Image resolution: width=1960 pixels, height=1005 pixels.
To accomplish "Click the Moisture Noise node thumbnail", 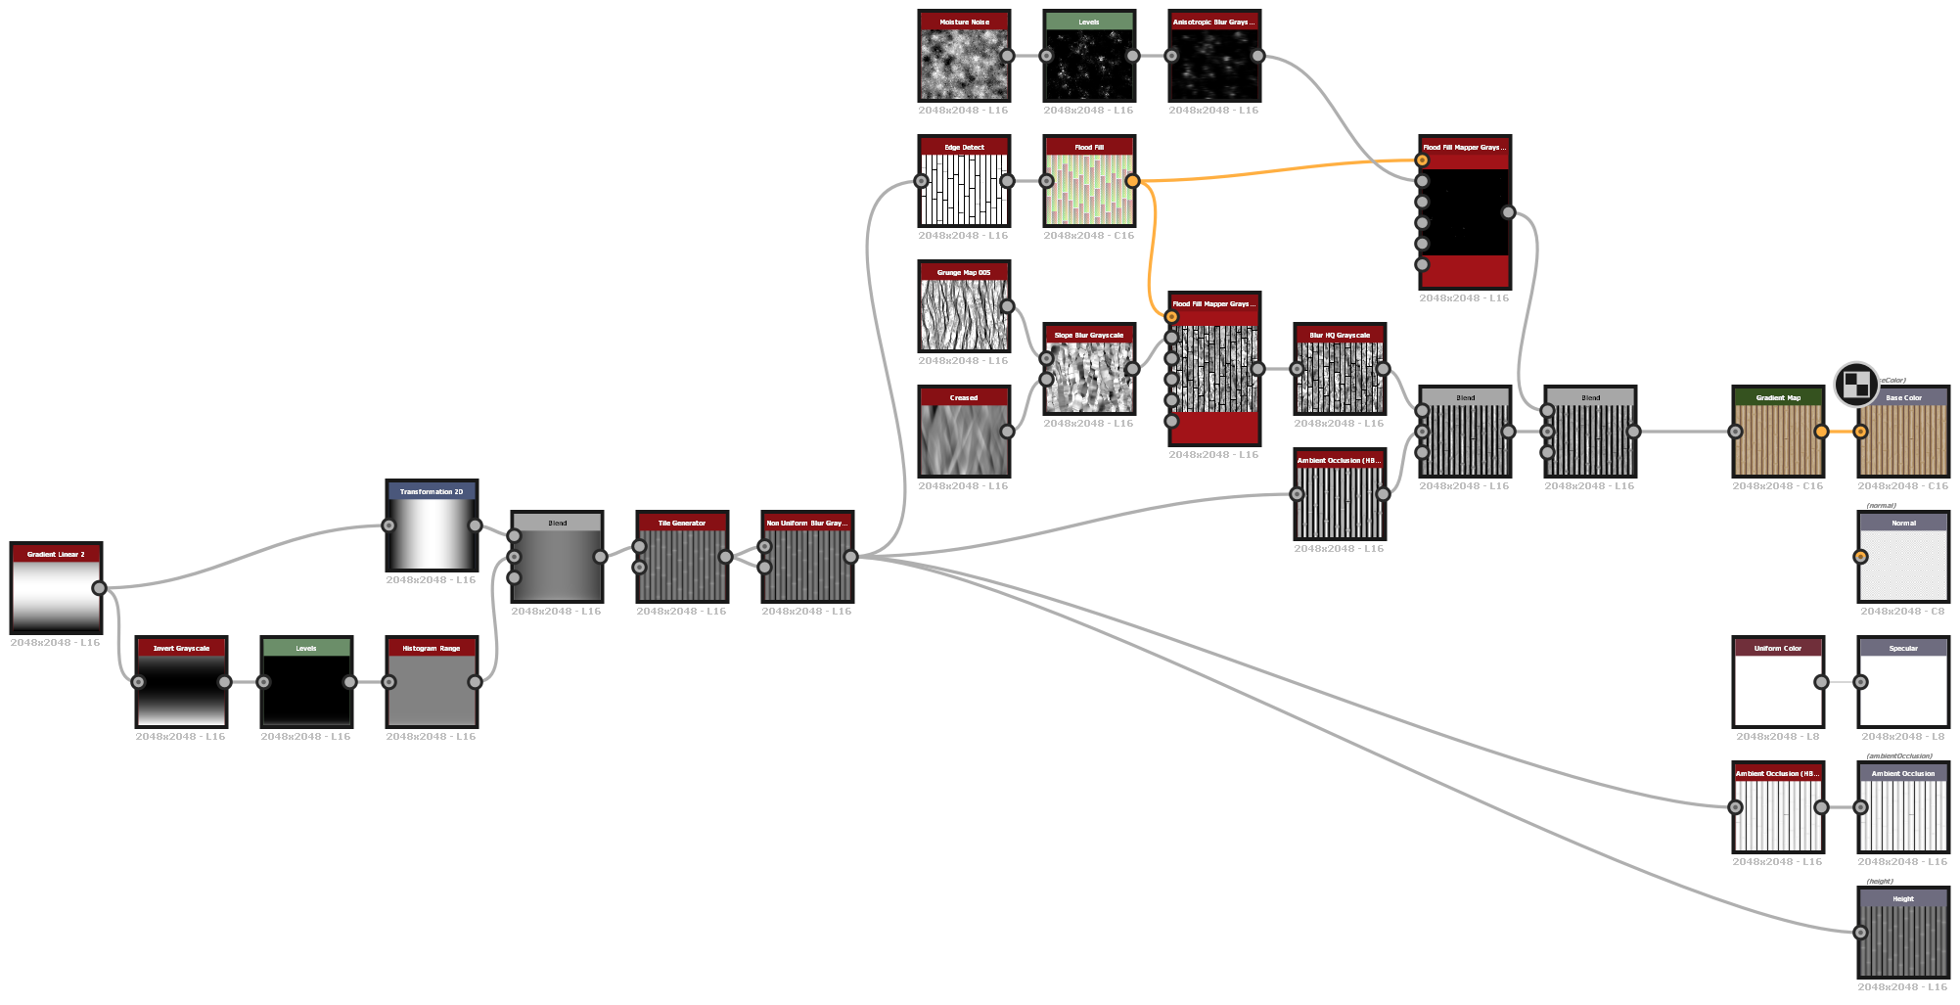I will point(964,64).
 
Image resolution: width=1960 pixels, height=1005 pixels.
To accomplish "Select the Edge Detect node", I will point(964,189).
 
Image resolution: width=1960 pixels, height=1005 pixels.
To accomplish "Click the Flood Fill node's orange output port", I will point(1132,181).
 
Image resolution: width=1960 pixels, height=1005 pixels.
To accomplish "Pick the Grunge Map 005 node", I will point(964,314).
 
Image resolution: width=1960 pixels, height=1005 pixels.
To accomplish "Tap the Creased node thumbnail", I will point(964,439).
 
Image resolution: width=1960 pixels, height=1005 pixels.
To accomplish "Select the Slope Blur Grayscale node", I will point(1089,377).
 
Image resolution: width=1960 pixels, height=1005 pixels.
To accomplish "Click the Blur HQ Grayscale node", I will point(1340,377).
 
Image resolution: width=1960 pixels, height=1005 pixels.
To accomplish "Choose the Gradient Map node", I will point(1778,439).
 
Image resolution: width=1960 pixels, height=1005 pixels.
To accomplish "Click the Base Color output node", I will point(1903,439).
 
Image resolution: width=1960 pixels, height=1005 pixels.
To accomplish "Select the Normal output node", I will point(1903,565).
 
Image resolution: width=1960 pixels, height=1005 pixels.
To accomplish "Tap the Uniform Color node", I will point(1778,690).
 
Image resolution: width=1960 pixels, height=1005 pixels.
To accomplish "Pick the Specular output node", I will point(1903,690).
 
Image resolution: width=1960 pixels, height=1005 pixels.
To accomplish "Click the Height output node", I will point(1903,940).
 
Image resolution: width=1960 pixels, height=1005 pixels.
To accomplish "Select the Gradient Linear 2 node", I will point(56,596).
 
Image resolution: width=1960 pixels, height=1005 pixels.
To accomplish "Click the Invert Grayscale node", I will point(181,690).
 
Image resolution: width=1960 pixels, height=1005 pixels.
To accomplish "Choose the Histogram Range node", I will point(432,690).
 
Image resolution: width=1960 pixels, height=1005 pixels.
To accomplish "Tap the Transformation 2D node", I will point(432,533).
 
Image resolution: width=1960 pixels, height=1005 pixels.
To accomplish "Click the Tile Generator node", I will point(682,565).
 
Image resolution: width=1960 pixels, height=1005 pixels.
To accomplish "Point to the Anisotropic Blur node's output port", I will point(1257,56).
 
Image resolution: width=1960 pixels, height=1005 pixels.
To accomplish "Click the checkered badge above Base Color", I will point(1856,384).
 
